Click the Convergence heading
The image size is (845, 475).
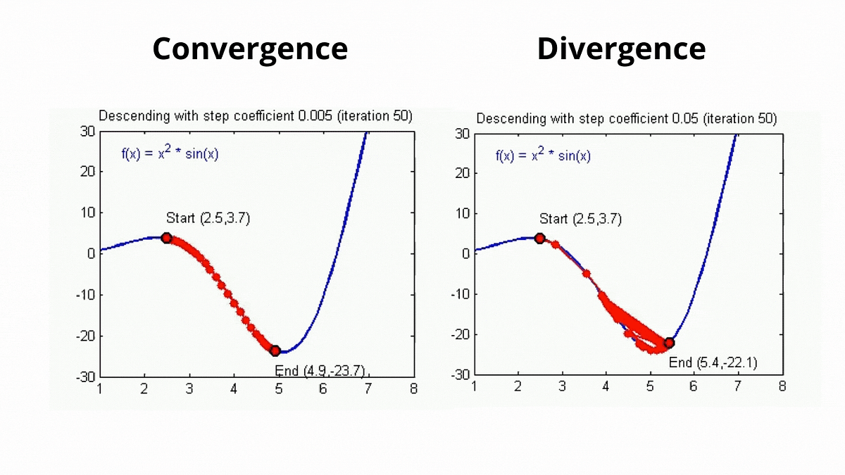250,49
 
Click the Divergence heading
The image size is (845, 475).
621,49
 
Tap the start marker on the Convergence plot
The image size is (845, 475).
167,238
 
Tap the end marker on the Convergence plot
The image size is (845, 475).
275,350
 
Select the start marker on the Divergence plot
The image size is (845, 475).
540,238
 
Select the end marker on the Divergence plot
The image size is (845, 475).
669,343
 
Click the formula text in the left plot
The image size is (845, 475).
170,154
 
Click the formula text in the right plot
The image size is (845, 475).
543,156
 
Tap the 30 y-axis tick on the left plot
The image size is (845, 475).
87,131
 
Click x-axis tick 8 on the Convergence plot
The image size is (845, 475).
413,388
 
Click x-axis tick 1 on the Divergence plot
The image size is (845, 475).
474,386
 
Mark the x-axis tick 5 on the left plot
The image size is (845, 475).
279,388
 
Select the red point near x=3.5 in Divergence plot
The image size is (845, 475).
587,273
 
